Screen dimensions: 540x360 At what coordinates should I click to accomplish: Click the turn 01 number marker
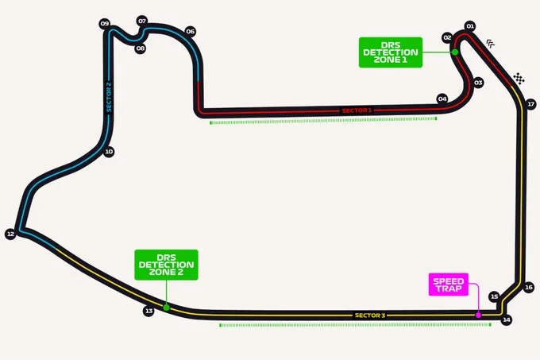coord(470,26)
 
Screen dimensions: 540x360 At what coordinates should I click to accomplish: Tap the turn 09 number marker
coord(105,23)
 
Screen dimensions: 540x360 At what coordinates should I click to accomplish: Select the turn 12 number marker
coord(10,234)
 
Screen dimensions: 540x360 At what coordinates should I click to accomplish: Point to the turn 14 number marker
coord(507,319)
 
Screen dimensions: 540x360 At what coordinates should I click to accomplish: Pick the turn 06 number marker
coord(190,31)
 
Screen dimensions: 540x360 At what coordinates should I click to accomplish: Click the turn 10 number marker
coord(109,152)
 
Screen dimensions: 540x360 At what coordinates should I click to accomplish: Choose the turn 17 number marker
coord(530,104)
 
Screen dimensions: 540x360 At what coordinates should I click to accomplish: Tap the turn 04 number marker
coord(442,99)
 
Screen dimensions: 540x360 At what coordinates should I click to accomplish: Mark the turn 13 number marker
coord(148,311)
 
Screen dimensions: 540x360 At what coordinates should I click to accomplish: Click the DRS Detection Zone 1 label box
coord(391,52)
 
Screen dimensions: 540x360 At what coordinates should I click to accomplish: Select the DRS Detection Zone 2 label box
coord(166,265)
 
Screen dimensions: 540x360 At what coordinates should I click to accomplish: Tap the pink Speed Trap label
coord(449,285)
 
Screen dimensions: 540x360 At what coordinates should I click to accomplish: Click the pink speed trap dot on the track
coord(478,315)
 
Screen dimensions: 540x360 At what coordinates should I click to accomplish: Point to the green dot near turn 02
coord(455,52)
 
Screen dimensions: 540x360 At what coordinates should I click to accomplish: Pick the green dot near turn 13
coord(166,308)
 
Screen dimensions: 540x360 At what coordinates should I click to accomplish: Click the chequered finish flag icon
coord(519,79)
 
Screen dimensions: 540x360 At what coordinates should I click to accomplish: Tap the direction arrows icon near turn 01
coord(491,44)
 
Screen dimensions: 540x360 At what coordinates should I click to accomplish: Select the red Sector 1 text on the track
coord(357,110)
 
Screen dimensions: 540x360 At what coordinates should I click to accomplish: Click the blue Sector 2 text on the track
coord(109,97)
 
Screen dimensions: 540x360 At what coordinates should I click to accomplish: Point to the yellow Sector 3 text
coord(370,315)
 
